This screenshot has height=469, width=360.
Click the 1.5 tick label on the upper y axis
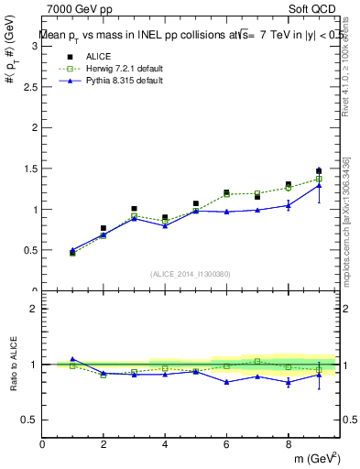30,169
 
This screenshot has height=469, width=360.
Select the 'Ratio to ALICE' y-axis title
13,364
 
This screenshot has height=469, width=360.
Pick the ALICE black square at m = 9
319,171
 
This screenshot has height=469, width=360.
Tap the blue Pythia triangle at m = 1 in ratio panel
72,359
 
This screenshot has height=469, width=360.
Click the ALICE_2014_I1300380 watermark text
191,273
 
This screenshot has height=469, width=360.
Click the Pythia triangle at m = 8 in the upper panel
288,205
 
